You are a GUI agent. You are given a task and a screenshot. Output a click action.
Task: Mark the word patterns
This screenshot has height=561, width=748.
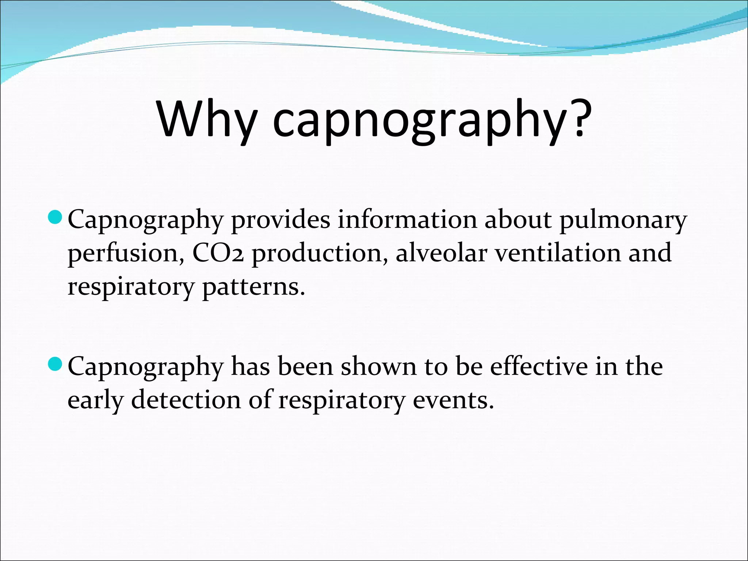253,288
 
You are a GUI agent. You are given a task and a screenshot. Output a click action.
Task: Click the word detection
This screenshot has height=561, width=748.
186,400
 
